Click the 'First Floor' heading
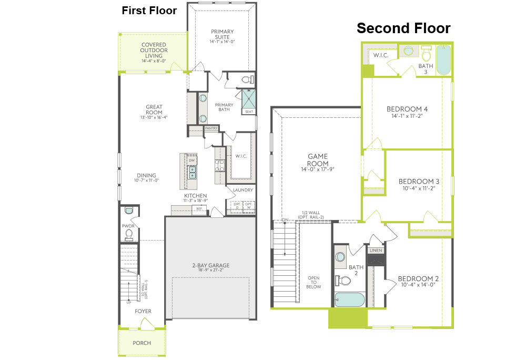149,11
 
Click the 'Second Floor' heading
403,28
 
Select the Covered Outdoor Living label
154,51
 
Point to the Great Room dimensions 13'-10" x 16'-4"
154,117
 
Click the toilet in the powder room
129,233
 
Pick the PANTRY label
211,128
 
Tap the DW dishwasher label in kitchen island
192,161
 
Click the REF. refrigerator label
199,209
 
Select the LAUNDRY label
242,190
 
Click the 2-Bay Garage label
210,266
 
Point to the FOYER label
143,311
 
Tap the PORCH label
142,343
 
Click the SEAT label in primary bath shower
248,111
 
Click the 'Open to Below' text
313,283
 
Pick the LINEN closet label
376,251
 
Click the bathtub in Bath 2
350,299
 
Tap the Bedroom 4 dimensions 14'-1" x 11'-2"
407,116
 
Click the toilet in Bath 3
426,54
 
